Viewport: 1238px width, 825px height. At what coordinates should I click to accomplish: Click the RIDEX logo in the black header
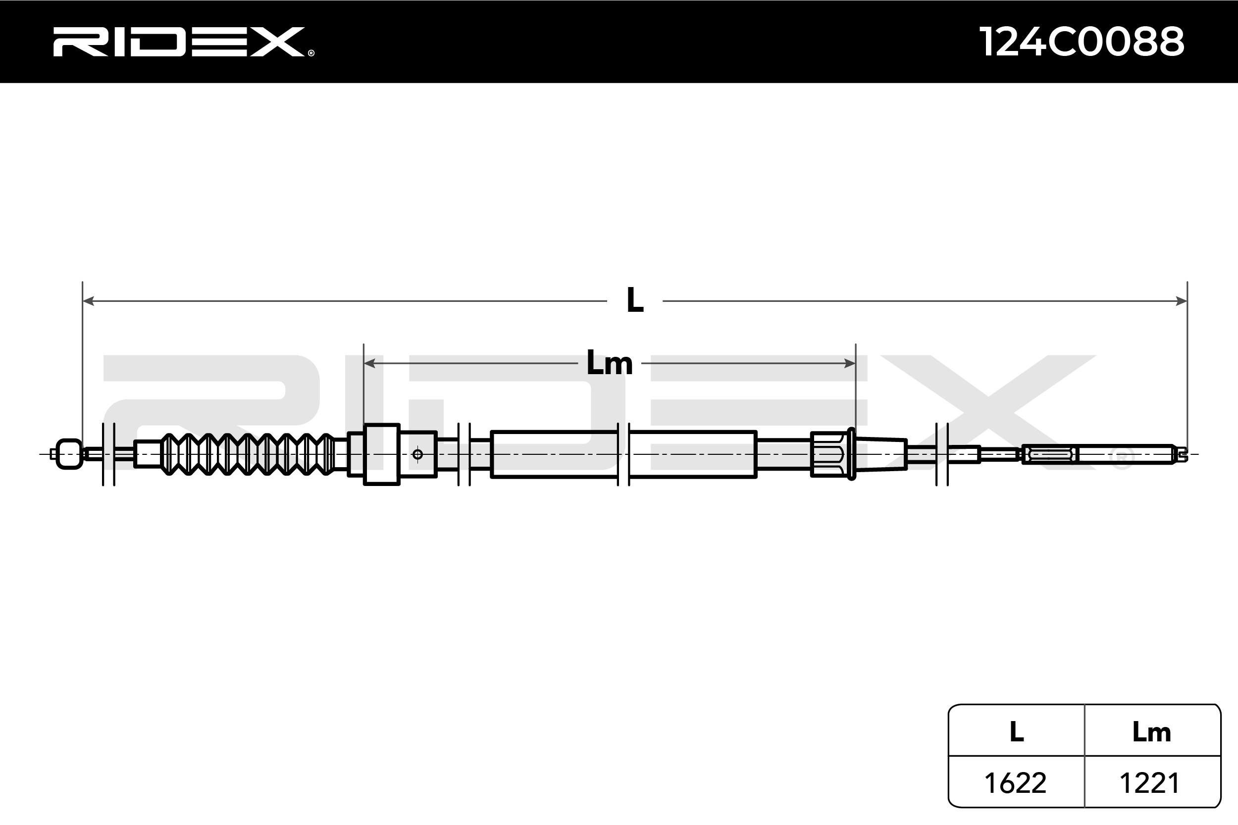[179, 42]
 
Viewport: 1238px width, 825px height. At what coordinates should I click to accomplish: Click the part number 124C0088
[1081, 42]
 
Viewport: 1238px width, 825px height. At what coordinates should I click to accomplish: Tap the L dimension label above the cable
[635, 301]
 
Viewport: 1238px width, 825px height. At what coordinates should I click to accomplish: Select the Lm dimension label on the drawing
[609, 363]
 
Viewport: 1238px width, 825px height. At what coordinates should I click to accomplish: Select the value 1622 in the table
[1015, 783]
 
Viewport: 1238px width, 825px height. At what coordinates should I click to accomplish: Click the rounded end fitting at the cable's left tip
[69, 453]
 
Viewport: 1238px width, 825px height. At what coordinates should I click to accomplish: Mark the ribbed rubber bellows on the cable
[248, 453]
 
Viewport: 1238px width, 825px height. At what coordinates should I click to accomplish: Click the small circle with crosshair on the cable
[417, 454]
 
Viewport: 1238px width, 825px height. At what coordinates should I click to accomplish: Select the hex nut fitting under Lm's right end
[828, 454]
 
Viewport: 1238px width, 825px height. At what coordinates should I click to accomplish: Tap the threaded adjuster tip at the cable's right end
[1181, 453]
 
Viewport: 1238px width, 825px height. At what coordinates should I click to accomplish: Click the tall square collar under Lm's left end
[382, 453]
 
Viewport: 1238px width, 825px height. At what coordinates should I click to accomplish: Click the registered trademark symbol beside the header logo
[311, 52]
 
